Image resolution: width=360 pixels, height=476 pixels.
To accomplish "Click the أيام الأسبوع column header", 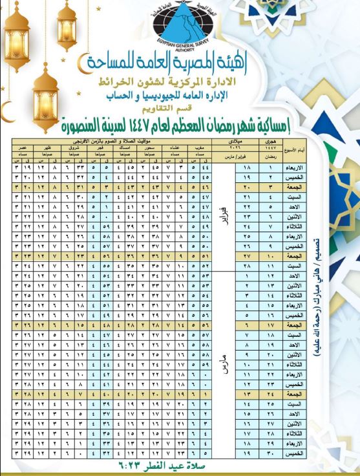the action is [301, 151].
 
